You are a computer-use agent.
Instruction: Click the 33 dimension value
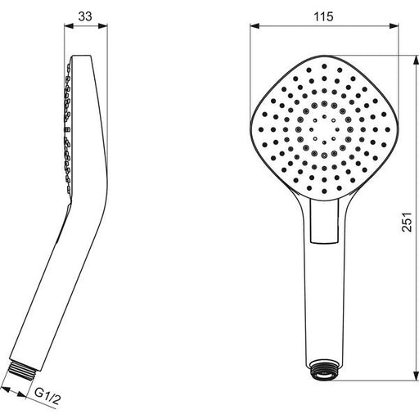click(85, 16)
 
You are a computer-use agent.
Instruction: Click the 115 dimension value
click(323, 16)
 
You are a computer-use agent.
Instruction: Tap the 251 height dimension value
click(407, 222)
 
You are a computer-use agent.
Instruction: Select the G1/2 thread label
click(47, 397)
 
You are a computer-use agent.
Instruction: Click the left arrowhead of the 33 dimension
click(69, 26)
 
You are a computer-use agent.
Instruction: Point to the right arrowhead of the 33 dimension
click(103, 26)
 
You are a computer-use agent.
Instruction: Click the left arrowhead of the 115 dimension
click(255, 26)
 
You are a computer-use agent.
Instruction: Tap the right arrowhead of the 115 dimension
click(394, 26)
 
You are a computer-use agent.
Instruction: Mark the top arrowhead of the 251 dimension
click(417, 60)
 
